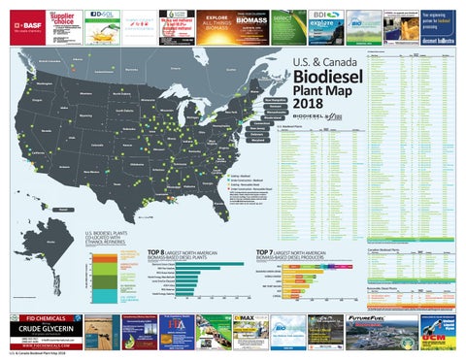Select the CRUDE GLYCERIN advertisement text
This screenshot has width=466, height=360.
[39, 329]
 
